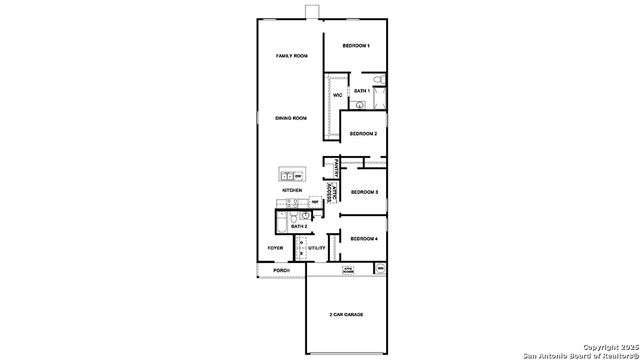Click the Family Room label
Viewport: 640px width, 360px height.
291,56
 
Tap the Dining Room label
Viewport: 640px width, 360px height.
291,118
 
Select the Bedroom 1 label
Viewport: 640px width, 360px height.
356,46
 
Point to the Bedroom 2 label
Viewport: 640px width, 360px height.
362,133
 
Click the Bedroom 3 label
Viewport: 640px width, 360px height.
363,191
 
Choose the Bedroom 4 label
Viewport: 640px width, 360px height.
363,239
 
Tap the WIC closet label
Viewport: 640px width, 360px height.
338,96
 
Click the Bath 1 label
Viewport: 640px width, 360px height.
362,91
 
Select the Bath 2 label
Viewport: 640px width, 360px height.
299,226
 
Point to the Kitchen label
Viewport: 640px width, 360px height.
292,189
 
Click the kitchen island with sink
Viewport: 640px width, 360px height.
291,175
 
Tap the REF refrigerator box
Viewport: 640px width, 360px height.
314,202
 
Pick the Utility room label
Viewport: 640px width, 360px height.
316,248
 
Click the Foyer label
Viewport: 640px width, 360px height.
274,248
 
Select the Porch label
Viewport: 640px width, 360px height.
281,270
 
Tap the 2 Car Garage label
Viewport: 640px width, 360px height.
346,314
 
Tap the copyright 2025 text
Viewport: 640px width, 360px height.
610,346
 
